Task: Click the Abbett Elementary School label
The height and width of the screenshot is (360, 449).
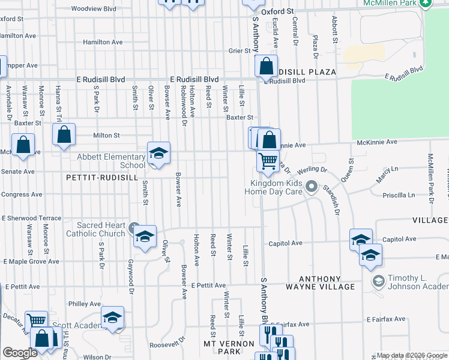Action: pyautogui.click(x=111, y=161)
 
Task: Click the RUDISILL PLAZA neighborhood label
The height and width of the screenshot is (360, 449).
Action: pyautogui.click(x=307, y=72)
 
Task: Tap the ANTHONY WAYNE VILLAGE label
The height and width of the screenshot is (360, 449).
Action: pyautogui.click(x=319, y=283)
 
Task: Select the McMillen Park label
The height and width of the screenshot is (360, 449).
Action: pyautogui.click(x=391, y=3)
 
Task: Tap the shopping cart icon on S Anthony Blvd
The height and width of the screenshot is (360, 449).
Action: pyautogui.click(x=268, y=160)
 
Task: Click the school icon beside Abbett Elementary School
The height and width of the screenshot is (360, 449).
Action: pyautogui.click(x=159, y=154)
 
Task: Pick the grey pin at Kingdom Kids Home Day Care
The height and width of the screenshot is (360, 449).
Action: pyautogui.click(x=311, y=187)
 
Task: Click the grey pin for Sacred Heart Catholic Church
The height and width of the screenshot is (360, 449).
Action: pyautogui.click(x=133, y=229)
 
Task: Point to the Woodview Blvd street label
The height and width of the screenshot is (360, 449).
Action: pyautogui.click(x=93, y=9)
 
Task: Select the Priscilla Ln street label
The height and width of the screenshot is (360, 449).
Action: pyautogui.click(x=402, y=195)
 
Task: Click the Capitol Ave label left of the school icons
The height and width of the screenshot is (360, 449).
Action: pyautogui.click(x=285, y=243)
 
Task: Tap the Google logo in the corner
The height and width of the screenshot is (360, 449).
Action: pyautogui.click(x=20, y=353)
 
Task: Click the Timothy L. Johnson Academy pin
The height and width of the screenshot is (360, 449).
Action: pyautogui.click(x=378, y=281)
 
